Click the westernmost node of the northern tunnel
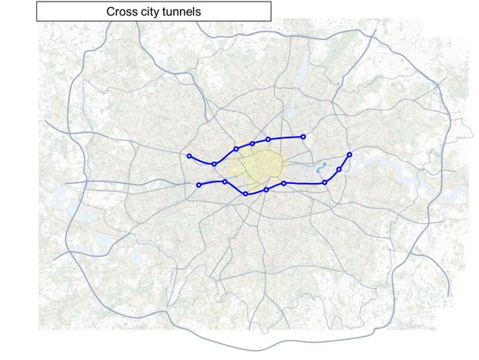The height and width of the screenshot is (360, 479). (189, 156)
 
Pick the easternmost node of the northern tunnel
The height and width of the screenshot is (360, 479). (303, 137)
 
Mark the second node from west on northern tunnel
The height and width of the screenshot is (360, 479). (214, 164)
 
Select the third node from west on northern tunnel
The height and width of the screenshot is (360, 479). (236, 148)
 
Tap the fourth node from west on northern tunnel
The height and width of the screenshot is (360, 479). (253, 144)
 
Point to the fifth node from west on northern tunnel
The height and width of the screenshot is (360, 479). (268, 140)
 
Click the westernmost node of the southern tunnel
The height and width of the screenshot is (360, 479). (199, 185)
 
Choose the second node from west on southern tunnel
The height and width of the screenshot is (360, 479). (225, 182)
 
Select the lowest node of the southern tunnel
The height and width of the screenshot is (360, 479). (246, 194)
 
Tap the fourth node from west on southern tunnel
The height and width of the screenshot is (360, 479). (267, 189)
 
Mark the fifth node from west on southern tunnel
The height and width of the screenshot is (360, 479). (284, 183)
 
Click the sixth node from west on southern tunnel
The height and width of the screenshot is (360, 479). (324, 182)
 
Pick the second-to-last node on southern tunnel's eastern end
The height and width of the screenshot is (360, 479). (339, 169)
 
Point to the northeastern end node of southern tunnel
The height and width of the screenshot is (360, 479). (350, 155)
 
